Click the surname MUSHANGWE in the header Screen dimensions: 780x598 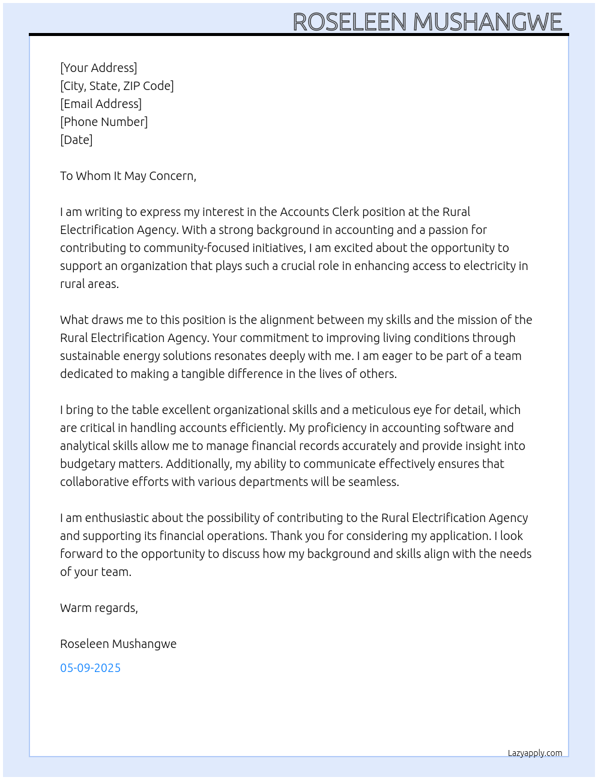click(x=487, y=22)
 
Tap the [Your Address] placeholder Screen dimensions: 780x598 click(x=98, y=68)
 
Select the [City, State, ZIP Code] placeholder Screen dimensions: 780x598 click(x=117, y=86)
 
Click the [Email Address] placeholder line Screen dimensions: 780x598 click(x=101, y=104)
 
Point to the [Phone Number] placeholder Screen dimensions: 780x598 click(x=104, y=122)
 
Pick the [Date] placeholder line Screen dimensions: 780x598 click(x=76, y=140)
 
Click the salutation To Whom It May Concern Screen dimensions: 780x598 click(x=128, y=176)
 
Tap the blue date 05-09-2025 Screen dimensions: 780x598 click(x=90, y=668)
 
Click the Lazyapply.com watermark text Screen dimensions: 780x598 click(x=534, y=753)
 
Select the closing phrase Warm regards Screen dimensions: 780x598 click(x=98, y=608)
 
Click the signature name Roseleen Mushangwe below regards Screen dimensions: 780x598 click(x=118, y=644)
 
